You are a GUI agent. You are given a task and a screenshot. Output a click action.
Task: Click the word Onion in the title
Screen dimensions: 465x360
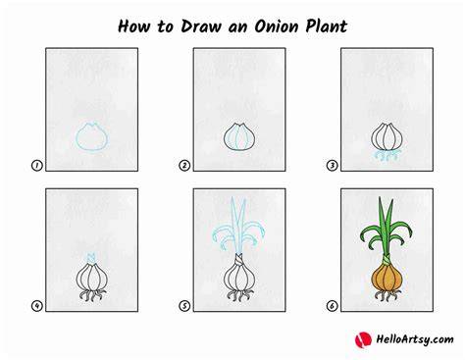pyautogui.click(x=277, y=26)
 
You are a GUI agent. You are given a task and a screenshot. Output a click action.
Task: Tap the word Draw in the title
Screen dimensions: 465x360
pyautogui.click(x=201, y=26)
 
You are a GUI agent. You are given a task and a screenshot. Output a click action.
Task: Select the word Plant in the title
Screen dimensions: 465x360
pyautogui.click(x=327, y=26)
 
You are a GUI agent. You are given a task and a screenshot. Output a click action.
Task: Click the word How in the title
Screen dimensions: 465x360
pyautogui.click(x=133, y=26)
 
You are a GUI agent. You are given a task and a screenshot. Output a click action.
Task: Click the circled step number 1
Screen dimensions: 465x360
pyautogui.click(x=37, y=166)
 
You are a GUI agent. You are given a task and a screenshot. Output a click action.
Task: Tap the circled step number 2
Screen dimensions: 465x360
pyautogui.click(x=184, y=166)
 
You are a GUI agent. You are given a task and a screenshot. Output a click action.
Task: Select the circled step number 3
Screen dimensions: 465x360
pyautogui.click(x=332, y=166)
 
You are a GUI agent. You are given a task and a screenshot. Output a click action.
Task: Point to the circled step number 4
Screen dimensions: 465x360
pyautogui.click(x=37, y=306)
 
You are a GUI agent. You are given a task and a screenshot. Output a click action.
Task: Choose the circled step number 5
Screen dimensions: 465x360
pyautogui.click(x=184, y=306)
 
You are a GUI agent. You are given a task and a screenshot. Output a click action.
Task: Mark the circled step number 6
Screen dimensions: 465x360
pyautogui.click(x=332, y=306)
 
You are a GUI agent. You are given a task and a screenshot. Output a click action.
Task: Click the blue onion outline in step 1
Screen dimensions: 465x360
pyautogui.click(x=77, y=137)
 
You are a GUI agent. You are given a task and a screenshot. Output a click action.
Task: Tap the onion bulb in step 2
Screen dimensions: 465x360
pyautogui.click(x=239, y=137)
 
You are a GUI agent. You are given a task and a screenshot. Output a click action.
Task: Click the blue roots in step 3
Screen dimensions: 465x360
pyautogui.click(x=387, y=156)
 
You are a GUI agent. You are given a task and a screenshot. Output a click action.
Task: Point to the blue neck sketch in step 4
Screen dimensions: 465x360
pyautogui.click(x=91, y=257)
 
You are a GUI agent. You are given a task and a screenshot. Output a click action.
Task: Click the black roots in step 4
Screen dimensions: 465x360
pyautogui.click(x=92, y=295)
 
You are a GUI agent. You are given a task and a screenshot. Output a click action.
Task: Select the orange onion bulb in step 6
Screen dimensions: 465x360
pyautogui.click(x=387, y=278)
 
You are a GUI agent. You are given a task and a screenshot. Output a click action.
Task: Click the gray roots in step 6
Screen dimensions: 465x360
pyautogui.click(x=387, y=295)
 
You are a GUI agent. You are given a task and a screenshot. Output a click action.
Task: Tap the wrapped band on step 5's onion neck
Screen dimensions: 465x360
pyautogui.click(x=239, y=260)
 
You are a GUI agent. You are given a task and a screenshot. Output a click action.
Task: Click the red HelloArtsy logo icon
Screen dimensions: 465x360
pyautogui.click(x=363, y=339)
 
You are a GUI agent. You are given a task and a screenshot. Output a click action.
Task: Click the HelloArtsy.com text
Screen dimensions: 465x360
pyautogui.click(x=415, y=339)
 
